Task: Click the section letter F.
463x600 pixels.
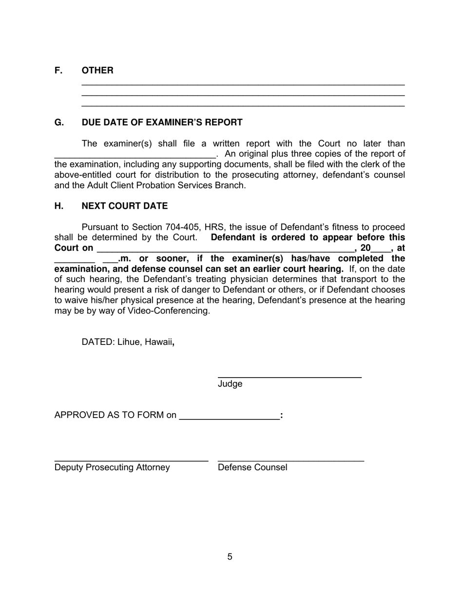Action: click(x=58, y=70)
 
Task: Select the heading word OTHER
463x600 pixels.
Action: click(x=97, y=70)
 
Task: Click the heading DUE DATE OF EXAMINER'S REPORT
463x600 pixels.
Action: click(x=162, y=122)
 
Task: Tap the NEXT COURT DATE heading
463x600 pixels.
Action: click(x=124, y=206)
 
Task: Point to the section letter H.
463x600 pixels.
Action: click(x=58, y=206)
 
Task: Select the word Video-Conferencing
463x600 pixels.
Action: click(x=169, y=311)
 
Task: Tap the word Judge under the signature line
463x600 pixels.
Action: click(x=230, y=384)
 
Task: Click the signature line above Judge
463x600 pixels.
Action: click(x=289, y=377)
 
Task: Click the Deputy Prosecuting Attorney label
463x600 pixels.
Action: click(x=112, y=467)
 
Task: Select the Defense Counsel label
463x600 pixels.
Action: click(x=252, y=467)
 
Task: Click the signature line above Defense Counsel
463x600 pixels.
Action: click(x=291, y=460)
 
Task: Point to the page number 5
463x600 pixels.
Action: click(x=230, y=557)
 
